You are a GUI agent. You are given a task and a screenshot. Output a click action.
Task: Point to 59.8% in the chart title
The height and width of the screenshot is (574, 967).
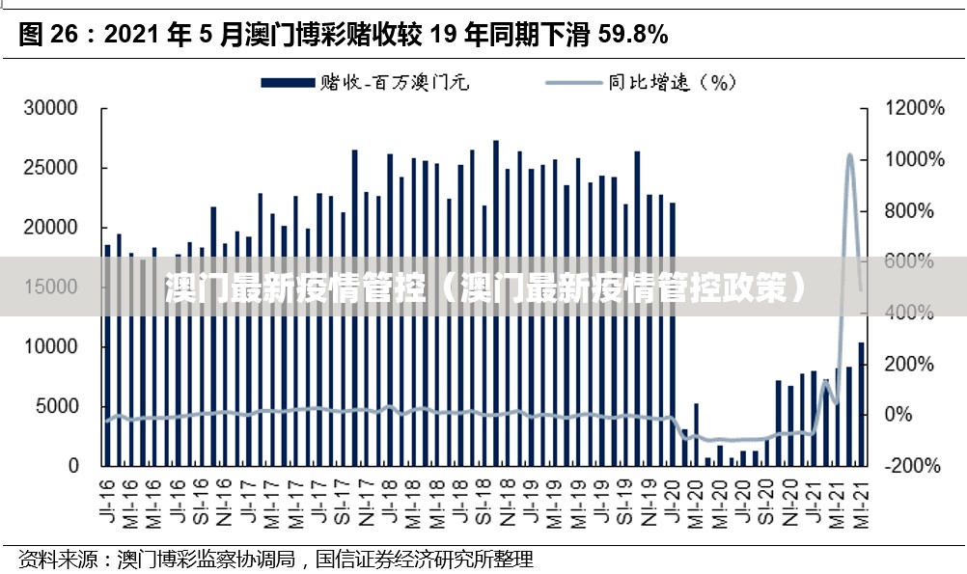pos(633,36)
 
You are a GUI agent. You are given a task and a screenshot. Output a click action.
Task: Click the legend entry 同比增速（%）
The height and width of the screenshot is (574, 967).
pos(642,83)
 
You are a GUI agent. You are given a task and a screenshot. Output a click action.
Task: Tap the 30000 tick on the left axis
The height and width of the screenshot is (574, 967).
pos(50,109)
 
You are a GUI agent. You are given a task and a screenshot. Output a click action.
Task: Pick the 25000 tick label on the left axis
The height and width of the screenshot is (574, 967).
pos(50,168)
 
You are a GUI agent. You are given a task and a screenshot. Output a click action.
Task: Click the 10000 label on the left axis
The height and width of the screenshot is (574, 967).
pos(50,346)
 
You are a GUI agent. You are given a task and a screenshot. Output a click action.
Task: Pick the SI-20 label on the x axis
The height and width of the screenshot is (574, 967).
pos(765,494)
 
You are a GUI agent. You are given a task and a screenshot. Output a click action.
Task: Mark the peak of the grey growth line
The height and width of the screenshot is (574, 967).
pos(849,154)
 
